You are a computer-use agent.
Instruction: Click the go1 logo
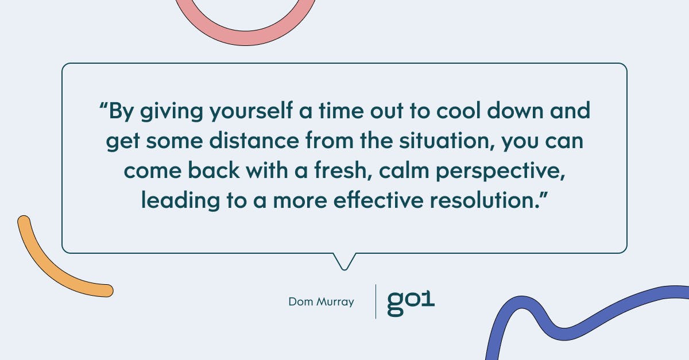pos(411,303)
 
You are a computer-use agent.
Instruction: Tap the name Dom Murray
pos(321,302)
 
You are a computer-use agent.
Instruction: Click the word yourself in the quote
pos(251,111)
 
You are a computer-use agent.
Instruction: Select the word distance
pos(254,141)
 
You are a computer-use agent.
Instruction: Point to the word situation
pos(447,141)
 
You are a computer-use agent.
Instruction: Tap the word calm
pos(404,171)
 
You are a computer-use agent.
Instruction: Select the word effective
pos(378,200)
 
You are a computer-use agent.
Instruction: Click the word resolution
pos(485,200)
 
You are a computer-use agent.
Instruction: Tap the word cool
pos(458,111)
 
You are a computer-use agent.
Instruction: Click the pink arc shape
pos(246,38)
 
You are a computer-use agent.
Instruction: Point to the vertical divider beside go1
pos(376,301)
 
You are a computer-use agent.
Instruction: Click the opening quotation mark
pos(103,106)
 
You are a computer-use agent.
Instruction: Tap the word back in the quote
pos(214,170)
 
